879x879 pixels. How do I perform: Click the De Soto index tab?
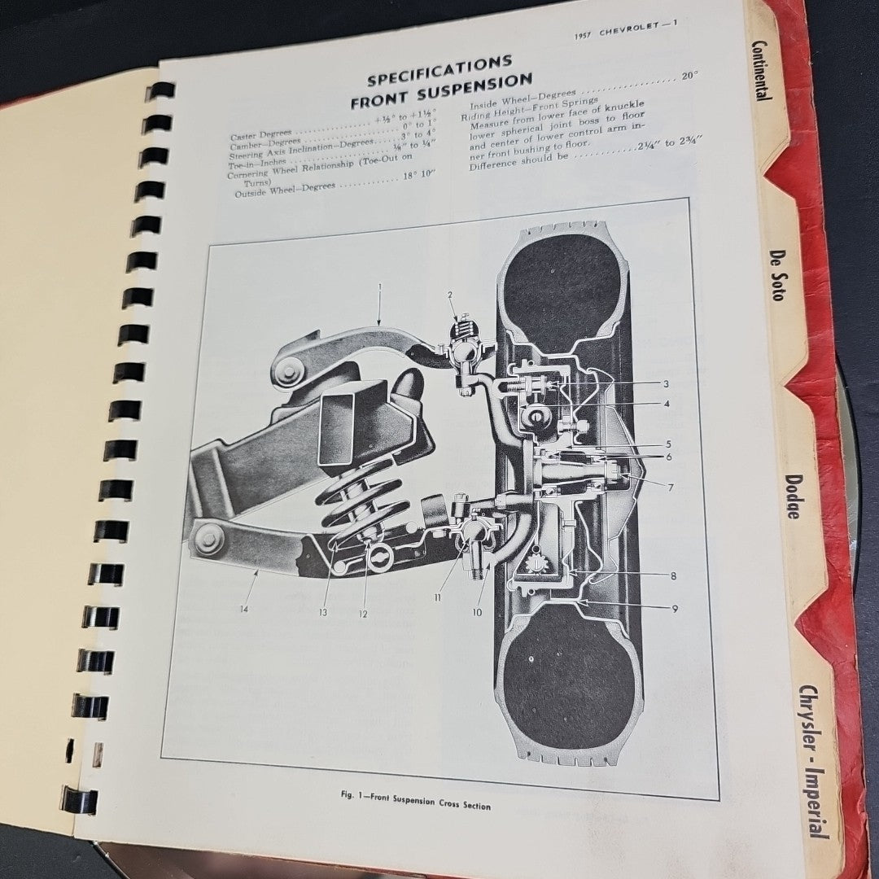coord(777,275)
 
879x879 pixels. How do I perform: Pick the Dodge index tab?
coord(792,496)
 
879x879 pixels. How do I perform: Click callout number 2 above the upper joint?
coord(450,295)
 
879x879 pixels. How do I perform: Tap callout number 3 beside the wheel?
coord(666,383)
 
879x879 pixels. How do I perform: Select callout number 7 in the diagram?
coord(671,488)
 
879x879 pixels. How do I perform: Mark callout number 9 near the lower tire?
coord(674,608)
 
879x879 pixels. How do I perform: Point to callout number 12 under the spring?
coord(363,614)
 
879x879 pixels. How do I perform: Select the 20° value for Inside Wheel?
coord(690,77)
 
